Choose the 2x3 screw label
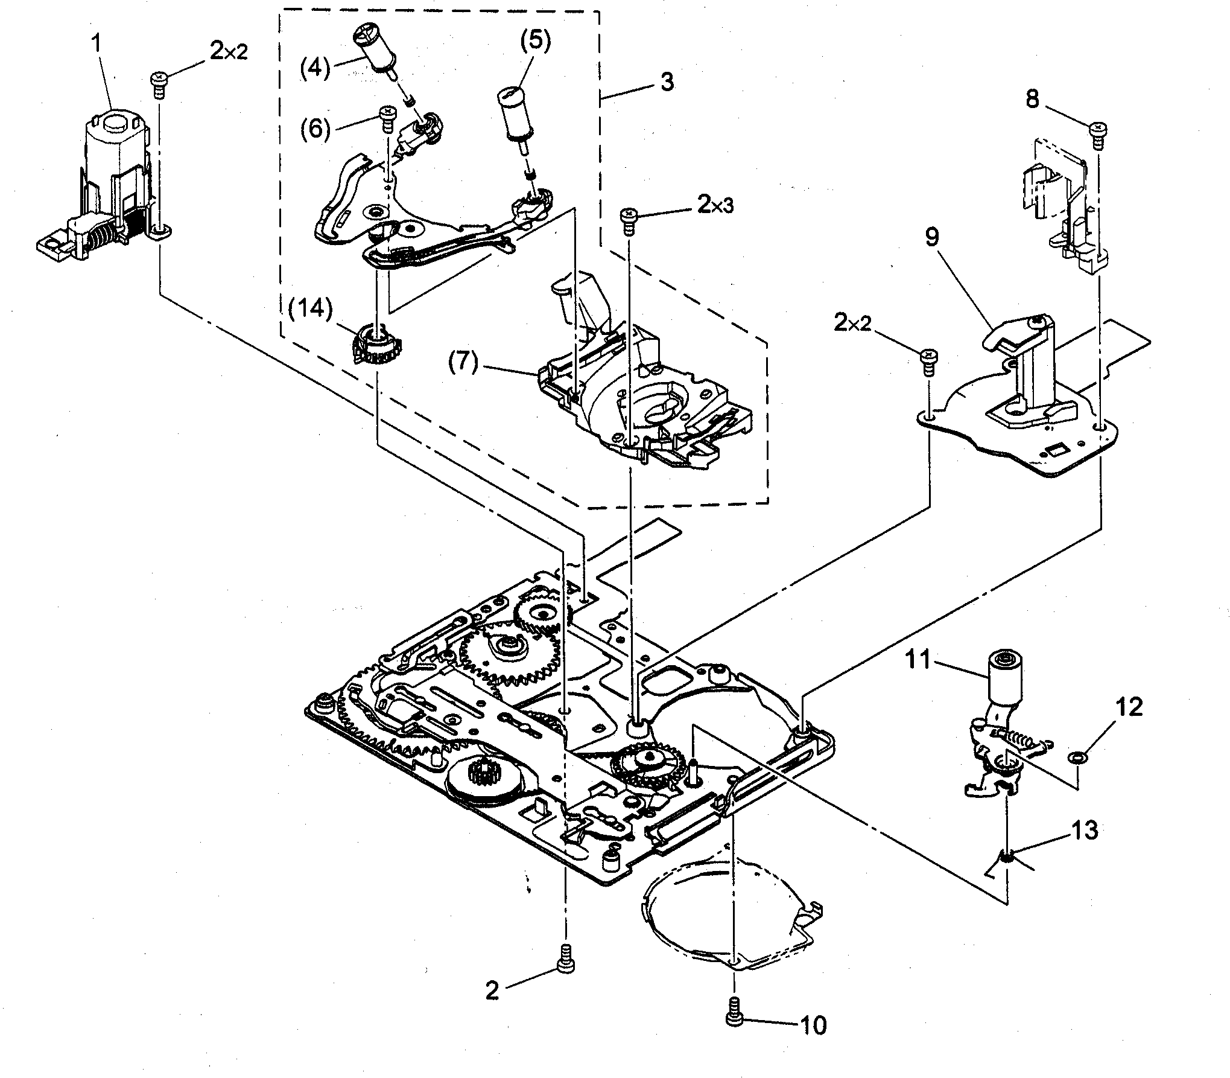point(715,205)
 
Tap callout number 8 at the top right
point(1033,100)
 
